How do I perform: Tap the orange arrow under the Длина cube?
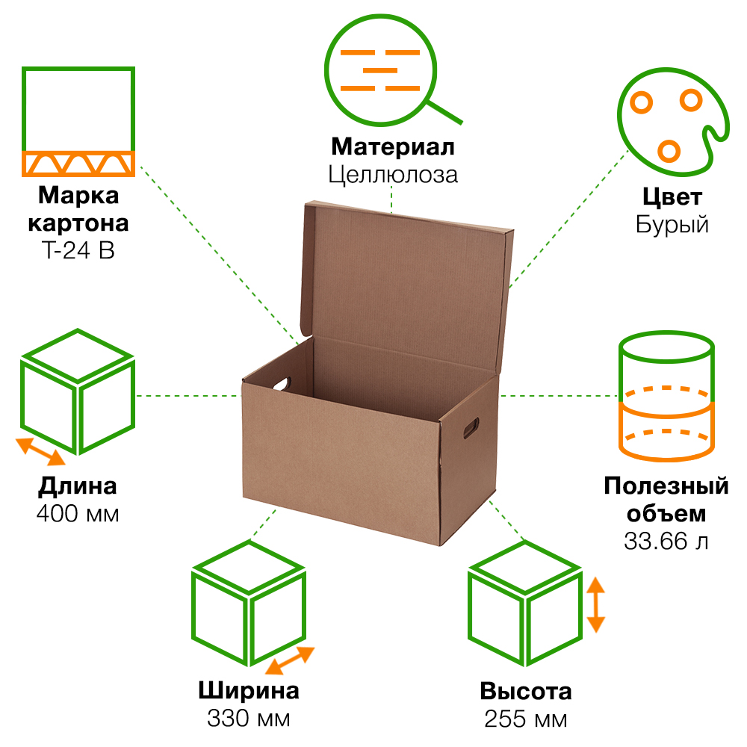tap(41, 451)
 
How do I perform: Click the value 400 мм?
tap(78, 514)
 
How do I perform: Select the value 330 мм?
tap(249, 719)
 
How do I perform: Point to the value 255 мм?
tap(525, 719)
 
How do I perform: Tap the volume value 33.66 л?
tap(666, 541)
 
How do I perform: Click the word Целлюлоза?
tap(392, 174)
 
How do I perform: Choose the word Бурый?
tap(672, 224)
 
